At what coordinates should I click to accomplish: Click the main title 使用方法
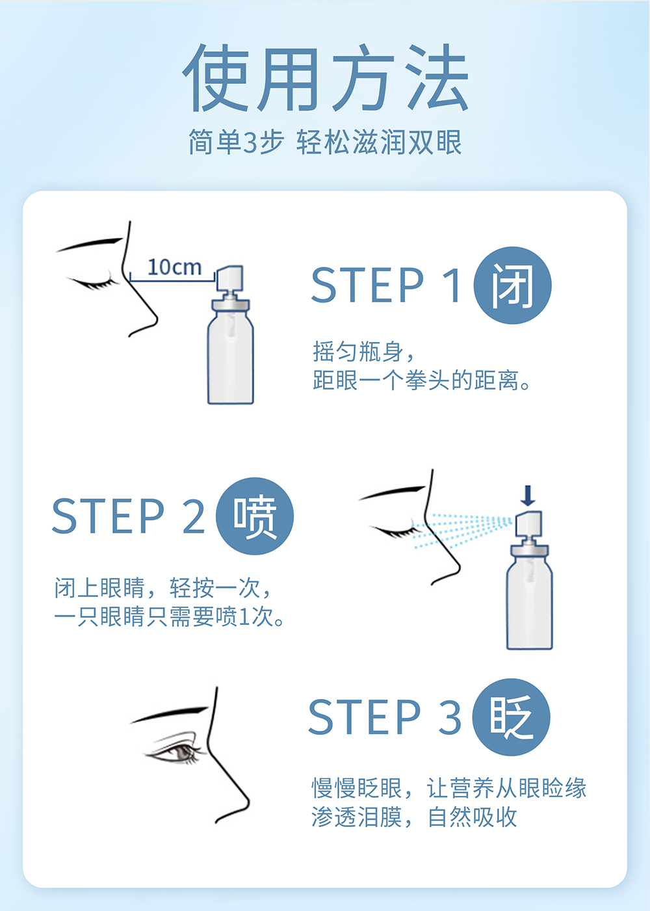(x=325, y=77)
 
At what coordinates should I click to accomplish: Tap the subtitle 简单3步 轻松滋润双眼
(x=325, y=142)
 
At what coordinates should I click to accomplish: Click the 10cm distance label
(x=174, y=267)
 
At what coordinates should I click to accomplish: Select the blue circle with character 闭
(x=512, y=285)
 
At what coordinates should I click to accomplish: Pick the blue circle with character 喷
(x=254, y=516)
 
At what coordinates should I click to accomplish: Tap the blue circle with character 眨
(x=511, y=717)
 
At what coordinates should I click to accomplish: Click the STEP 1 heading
(x=386, y=285)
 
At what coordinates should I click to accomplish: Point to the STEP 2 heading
(x=129, y=516)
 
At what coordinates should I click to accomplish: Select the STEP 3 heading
(x=385, y=717)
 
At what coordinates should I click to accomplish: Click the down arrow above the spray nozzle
(x=528, y=495)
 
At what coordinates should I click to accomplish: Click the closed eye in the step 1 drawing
(x=93, y=283)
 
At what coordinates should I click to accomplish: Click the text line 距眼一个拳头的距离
(x=421, y=380)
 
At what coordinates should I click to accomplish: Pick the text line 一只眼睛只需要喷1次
(x=169, y=616)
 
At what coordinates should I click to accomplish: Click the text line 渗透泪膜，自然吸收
(x=414, y=817)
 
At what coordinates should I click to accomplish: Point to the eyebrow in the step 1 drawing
(x=90, y=244)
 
